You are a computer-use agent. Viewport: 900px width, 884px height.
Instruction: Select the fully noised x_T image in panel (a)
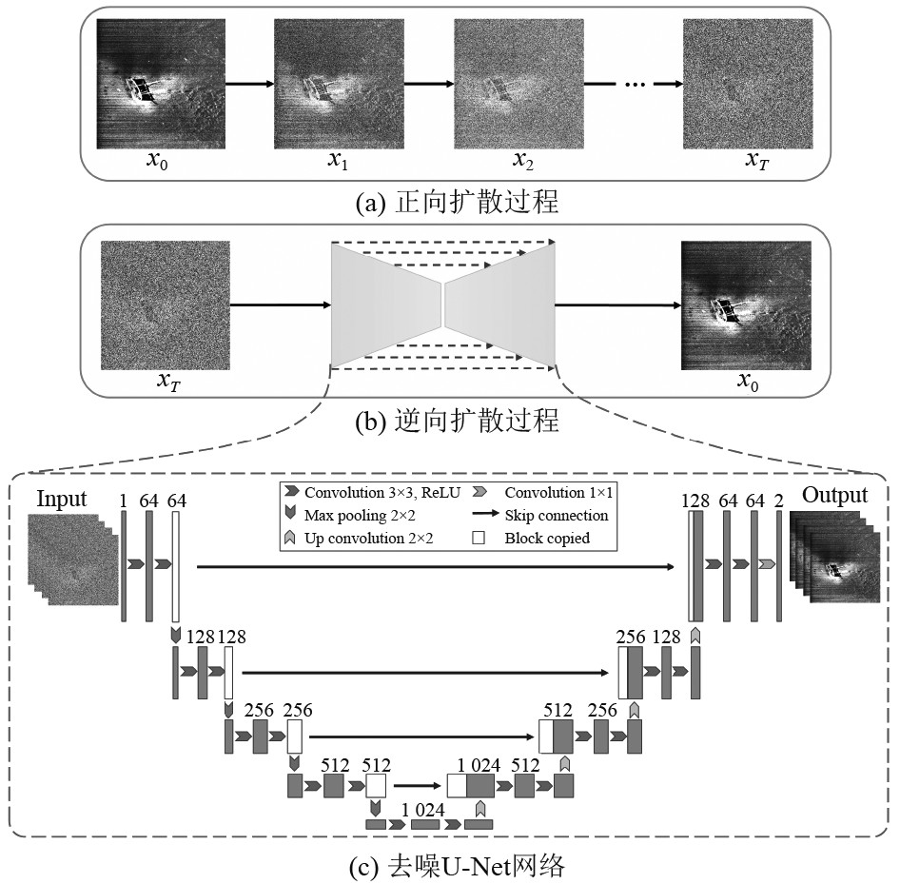pos(747,84)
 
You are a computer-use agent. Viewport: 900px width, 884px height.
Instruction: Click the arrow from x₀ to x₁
pos(249,84)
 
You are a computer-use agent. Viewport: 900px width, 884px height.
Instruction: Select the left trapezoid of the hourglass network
pos(386,304)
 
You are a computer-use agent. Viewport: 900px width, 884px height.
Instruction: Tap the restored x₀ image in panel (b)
pos(747,304)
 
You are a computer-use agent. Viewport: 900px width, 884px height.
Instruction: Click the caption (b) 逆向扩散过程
pos(450,422)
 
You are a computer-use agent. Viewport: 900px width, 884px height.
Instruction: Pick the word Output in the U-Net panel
pos(834,495)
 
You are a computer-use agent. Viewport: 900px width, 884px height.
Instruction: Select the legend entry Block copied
pos(547,538)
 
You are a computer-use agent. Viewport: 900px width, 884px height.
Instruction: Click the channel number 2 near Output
pos(778,501)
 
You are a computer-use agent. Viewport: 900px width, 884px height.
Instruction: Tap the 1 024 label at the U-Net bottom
pos(422,809)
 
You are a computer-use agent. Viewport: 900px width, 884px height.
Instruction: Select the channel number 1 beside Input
pos(124,501)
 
